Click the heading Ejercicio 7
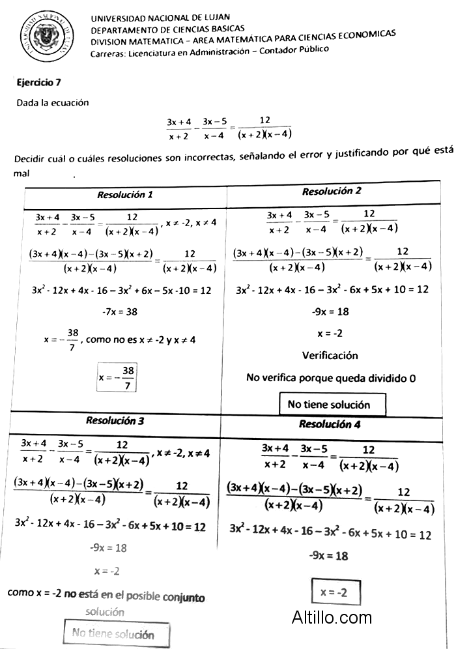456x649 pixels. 39,83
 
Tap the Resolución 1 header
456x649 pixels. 125,195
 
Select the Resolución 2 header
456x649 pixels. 332,192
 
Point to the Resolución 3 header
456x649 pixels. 115,421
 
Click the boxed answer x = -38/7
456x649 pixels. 117,378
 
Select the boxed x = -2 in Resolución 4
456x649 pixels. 335,592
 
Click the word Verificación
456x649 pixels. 330,356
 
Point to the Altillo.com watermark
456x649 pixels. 332,616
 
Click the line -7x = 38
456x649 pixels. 120,312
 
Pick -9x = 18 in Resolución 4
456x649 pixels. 328,556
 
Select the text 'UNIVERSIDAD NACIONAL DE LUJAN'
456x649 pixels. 160,18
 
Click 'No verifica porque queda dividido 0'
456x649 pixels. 331,378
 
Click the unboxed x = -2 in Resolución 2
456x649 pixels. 330,334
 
